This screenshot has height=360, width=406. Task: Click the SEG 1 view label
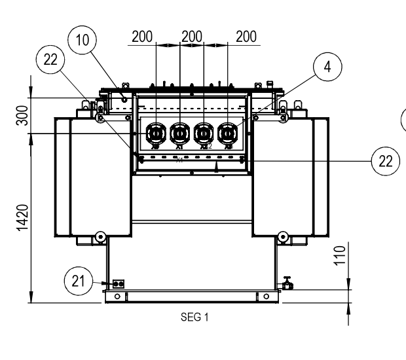click(x=193, y=318)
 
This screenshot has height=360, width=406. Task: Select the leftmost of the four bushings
click(x=156, y=134)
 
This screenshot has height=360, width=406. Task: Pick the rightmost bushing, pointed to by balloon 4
click(x=227, y=134)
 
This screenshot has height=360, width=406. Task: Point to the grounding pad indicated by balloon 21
click(x=119, y=283)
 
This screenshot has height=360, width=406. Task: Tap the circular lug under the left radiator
click(x=100, y=237)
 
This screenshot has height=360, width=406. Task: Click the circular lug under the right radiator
click(x=283, y=237)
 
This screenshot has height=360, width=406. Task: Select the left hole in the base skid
click(x=117, y=296)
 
